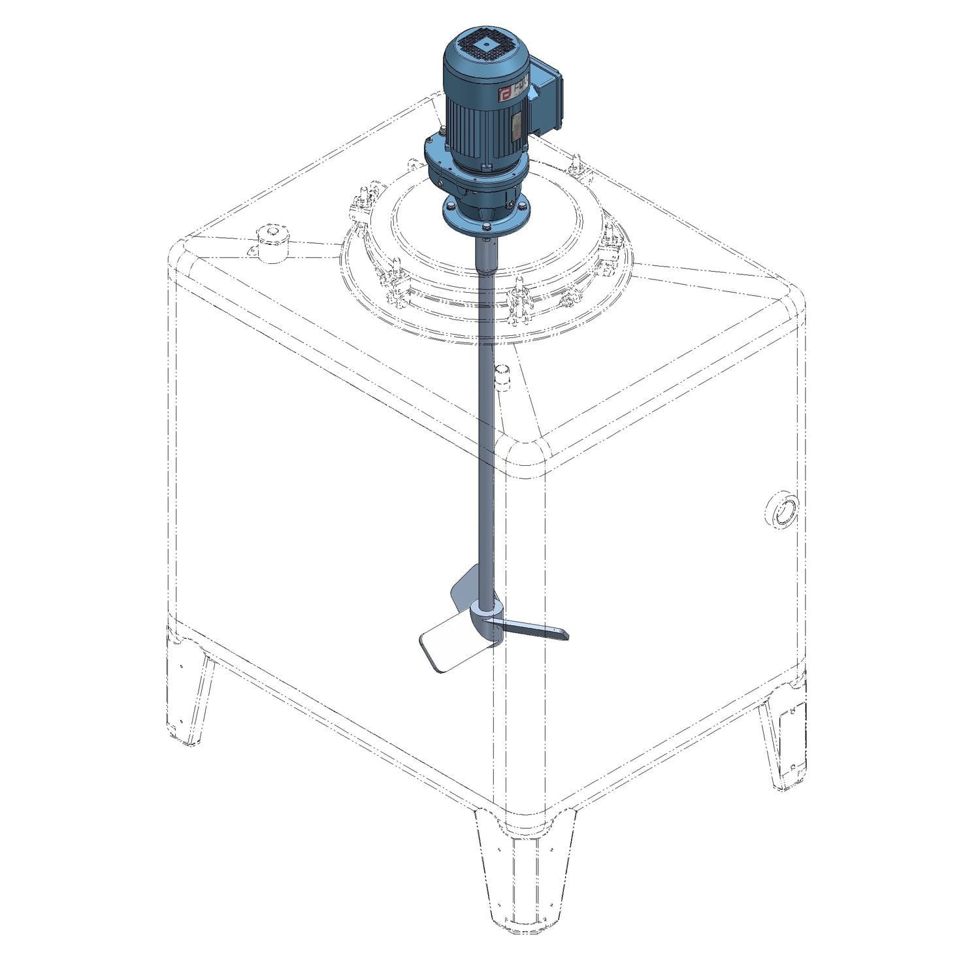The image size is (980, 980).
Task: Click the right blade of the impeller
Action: (536, 630)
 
